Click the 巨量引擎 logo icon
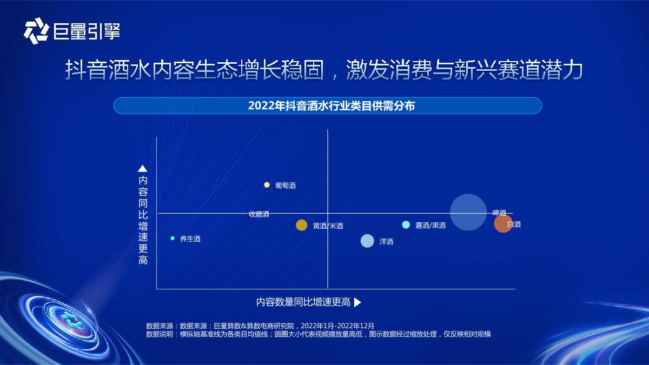click(x=36, y=30)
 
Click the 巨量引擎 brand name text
click(x=87, y=31)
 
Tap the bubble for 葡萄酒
click(x=267, y=185)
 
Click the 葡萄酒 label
click(x=286, y=185)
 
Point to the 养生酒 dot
click(x=173, y=238)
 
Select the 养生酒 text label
click(x=190, y=239)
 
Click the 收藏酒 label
click(x=259, y=214)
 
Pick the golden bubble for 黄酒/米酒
click(x=302, y=225)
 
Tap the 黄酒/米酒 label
click(x=328, y=226)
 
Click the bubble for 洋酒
click(x=367, y=241)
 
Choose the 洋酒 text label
click(x=387, y=242)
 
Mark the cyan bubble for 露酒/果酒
click(x=406, y=225)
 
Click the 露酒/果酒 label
click(x=431, y=225)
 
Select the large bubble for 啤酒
click(x=468, y=212)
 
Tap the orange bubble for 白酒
click(x=503, y=224)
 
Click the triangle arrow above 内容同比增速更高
click(x=143, y=168)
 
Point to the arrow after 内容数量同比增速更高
click(x=357, y=303)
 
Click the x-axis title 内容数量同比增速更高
click(x=303, y=302)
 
